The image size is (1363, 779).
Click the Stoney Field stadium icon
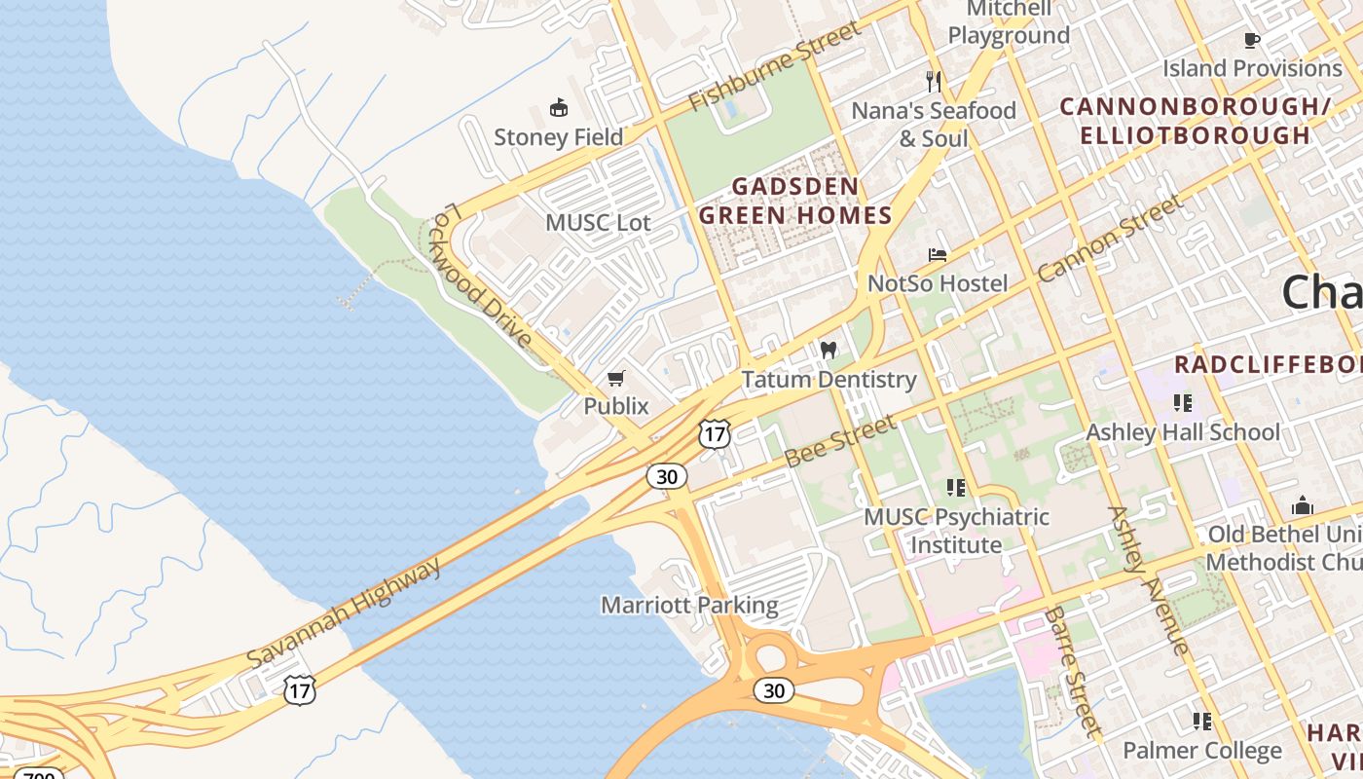point(559,107)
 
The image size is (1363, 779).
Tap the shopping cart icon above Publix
point(615,378)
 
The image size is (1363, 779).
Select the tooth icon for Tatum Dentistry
point(829,350)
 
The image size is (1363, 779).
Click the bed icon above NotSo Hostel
point(938,255)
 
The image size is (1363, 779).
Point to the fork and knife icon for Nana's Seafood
point(934,81)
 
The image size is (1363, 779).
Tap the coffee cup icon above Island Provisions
point(1252,40)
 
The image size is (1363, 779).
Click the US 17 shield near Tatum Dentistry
point(715,434)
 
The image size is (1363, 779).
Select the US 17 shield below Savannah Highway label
point(300,690)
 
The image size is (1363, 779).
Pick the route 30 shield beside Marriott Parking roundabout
point(773,690)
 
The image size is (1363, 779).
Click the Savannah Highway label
point(344,612)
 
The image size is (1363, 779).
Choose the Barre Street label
point(1073,671)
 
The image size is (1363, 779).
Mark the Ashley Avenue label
point(1148,580)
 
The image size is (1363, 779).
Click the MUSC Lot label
point(598,222)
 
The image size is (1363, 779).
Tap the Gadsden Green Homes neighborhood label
point(795,201)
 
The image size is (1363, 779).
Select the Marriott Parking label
point(689,605)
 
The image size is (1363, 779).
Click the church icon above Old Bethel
point(1302,505)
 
